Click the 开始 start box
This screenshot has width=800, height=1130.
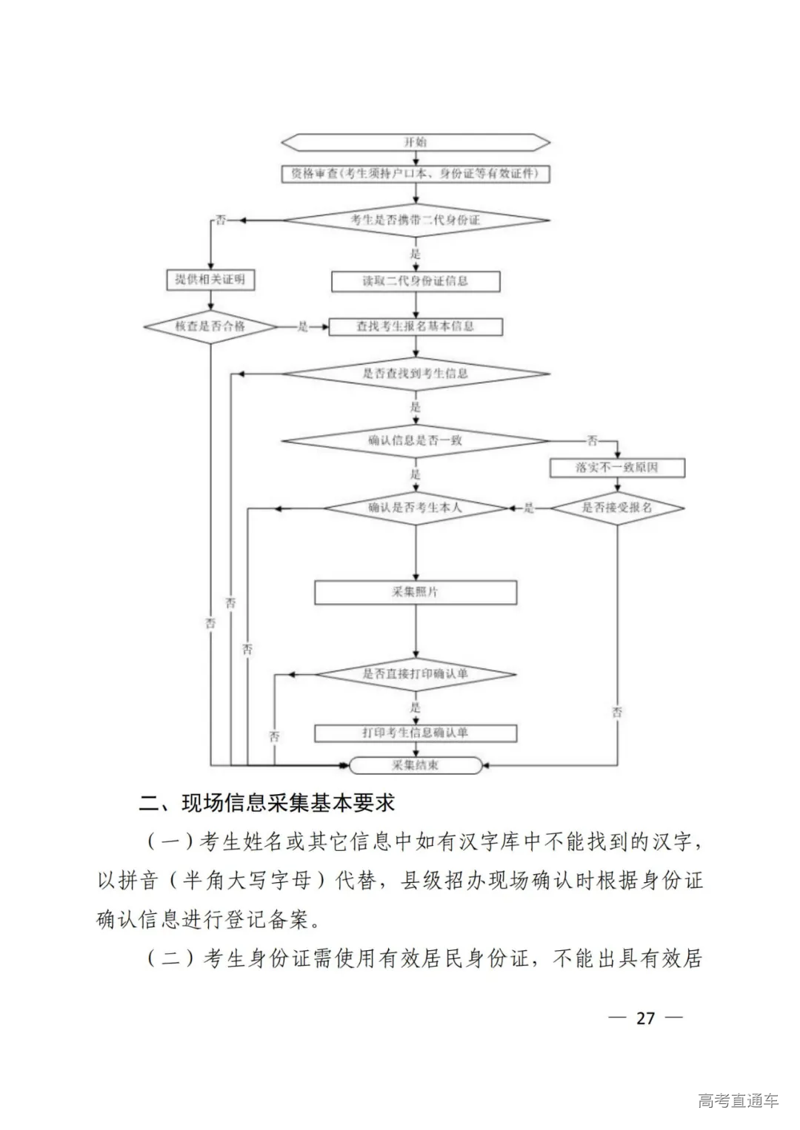[x=416, y=141]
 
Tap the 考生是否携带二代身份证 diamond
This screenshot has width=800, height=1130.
[x=416, y=220]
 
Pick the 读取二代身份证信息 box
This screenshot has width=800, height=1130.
[x=416, y=281]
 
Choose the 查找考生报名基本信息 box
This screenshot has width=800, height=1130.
[x=416, y=326]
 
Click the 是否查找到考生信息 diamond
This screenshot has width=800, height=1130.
[x=416, y=374]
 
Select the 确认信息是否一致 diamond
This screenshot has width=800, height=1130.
[x=416, y=440]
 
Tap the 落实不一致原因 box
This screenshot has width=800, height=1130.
[x=617, y=468]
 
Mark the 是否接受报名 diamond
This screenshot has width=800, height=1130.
[x=617, y=508]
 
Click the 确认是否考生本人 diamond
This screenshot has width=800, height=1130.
[x=416, y=508]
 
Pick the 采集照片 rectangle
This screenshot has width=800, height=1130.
[x=416, y=592]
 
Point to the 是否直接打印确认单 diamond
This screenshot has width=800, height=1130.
[x=416, y=674]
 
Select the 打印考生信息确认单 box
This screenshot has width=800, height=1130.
[x=416, y=733]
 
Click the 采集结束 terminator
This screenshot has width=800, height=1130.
[x=416, y=764]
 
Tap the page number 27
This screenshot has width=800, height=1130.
[x=645, y=1018]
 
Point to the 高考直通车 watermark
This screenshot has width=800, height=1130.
[x=738, y=1100]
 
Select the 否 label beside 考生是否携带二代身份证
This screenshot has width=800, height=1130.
[x=220, y=220]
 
